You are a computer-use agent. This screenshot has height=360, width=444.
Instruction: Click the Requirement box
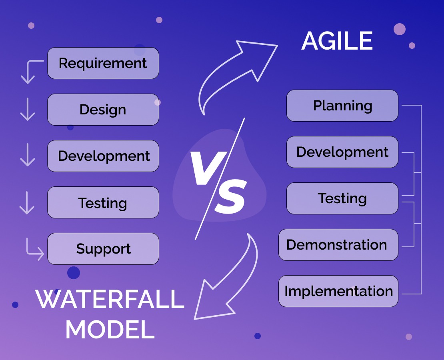[x=103, y=63]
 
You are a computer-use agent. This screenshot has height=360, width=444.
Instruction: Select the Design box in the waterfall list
[x=103, y=110]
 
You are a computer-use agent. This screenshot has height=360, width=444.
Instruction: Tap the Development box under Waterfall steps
[x=103, y=156]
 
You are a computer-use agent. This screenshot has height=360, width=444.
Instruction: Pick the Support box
[x=103, y=249]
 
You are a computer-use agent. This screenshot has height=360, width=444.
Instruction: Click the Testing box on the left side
[x=103, y=202]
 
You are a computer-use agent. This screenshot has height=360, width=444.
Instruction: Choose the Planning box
[x=342, y=106]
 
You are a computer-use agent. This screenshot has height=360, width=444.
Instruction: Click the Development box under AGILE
[x=342, y=152]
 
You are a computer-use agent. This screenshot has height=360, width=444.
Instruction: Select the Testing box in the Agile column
[x=342, y=198]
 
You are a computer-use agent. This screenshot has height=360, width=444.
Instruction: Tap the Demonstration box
[x=338, y=245]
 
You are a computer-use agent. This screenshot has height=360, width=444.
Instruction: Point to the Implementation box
[x=338, y=291]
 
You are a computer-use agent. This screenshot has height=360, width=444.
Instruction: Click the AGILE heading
[x=337, y=41]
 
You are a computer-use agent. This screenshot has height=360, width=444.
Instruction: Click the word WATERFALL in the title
[x=110, y=299]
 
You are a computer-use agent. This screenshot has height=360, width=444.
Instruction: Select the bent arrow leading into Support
[x=34, y=250]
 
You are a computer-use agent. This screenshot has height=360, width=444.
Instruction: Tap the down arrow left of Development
[x=27, y=156]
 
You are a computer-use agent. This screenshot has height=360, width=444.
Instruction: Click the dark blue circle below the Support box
[x=74, y=273]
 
